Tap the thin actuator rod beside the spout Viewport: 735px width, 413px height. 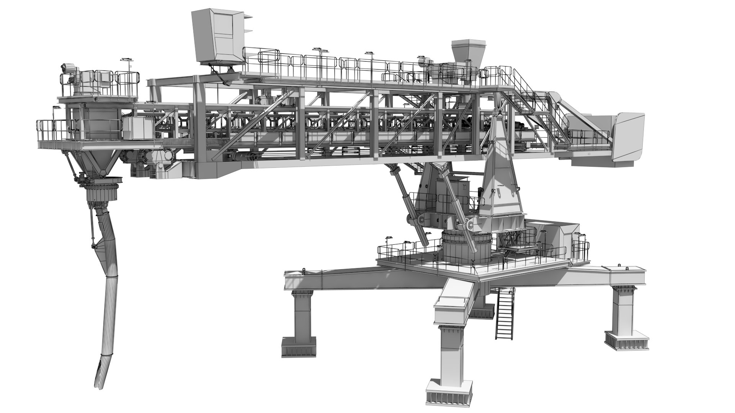pos(92,226)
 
